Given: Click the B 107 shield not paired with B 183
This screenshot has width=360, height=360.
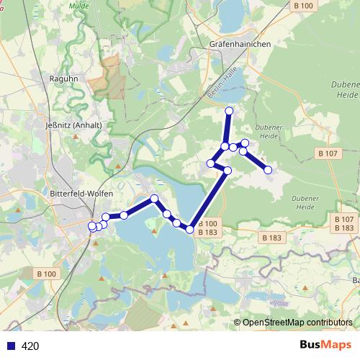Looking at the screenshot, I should [328, 153].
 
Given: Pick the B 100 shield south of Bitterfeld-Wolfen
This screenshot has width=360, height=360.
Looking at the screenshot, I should [46, 274].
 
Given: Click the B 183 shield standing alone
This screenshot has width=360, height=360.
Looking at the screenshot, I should [272, 238].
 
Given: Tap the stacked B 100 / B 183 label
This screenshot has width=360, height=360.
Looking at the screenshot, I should [207, 228].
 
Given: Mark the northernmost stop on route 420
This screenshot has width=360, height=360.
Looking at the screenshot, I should [230, 111].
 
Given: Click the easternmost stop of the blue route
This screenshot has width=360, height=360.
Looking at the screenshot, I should [268, 170].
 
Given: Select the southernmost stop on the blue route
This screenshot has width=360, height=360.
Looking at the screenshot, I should [190, 230].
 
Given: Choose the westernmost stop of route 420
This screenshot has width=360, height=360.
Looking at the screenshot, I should [91, 227].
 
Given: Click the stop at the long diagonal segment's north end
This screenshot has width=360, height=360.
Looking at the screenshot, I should [228, 171].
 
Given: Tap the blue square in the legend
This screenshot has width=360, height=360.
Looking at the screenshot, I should [11, 346].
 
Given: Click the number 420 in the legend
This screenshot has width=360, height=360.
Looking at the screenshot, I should [30, 346].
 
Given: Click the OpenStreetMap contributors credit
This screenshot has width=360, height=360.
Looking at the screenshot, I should [297, 323].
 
